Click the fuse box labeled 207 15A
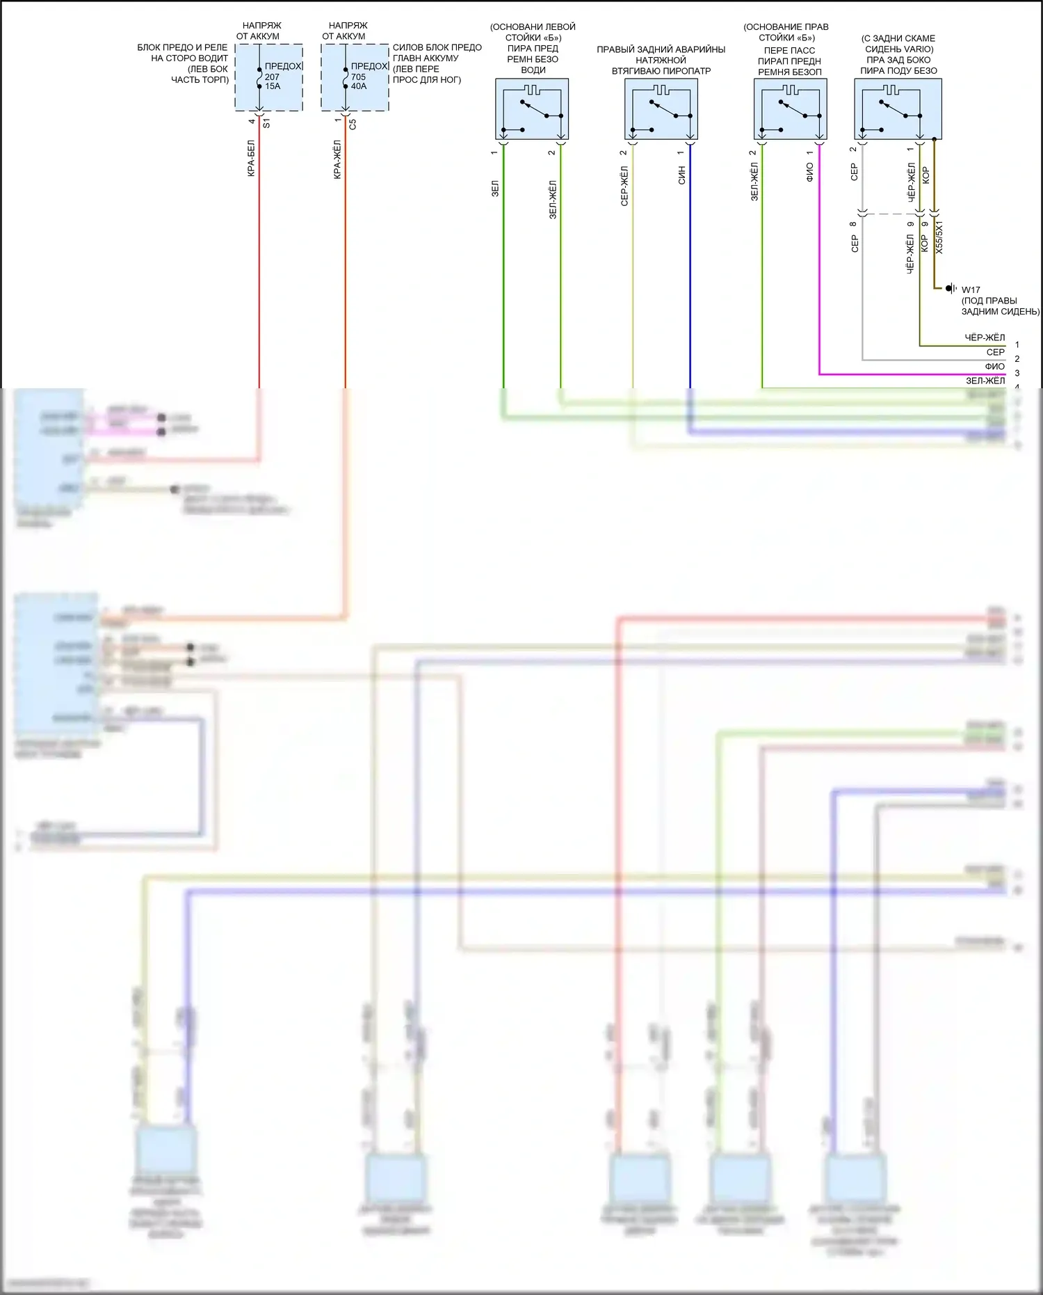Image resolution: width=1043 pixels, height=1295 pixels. (x=268, y=77)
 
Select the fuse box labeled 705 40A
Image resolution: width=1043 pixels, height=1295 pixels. (x=355, y=77)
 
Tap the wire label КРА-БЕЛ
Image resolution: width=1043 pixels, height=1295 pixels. (x=251, y=159)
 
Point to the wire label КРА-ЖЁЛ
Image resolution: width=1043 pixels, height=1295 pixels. (x=337, y=159)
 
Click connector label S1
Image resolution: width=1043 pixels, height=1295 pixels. (x=266, y=123)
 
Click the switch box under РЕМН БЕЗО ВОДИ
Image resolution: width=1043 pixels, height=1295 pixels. (x=532, y=109)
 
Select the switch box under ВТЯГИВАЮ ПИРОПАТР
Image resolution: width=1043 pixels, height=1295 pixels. (x=661, y=109)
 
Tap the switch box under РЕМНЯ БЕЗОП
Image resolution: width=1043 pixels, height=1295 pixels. (x=791, y=109)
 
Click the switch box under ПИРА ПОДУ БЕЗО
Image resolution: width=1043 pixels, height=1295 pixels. (x=898, y=109)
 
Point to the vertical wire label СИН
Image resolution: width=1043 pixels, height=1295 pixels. (x=681, y=175)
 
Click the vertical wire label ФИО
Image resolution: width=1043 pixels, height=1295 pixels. (x=809, y=173)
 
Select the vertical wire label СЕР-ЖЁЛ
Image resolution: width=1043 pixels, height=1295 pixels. (x=624, y=186)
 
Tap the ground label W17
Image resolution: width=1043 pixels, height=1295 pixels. (x=971, y=290)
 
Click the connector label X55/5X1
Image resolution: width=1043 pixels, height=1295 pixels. (x=939, y=237)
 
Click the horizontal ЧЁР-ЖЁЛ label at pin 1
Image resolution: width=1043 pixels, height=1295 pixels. (x=985, y=338)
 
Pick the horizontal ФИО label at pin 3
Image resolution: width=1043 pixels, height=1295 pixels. (x=994, y=367)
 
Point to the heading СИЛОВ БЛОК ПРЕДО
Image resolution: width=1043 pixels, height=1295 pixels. (x=437, y=47)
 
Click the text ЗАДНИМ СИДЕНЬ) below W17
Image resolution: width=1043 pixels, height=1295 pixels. (x=1000, y=312)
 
